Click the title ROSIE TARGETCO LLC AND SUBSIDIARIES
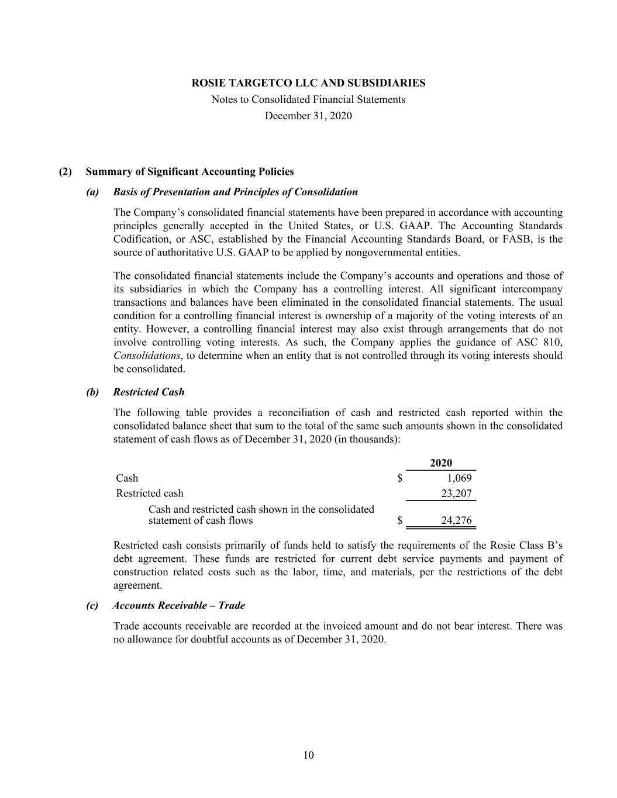[x=308, y=83]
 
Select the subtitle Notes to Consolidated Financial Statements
[x=308, y=99]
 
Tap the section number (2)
[x=66, y=172]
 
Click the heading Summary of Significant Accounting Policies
[x=189, y=172]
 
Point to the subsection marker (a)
[x=92, y=192]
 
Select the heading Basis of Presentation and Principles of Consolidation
[x=235, y=192]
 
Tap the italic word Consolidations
[x=146, y=356]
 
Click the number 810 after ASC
[x=553, y=343]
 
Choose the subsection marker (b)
[x=92, y=392]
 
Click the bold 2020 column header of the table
[x=441, y=463]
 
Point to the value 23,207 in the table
[x=456, y=493]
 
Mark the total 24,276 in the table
[x=456, y=520]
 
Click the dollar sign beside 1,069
[x=399, y=478]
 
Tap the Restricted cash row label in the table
[x=150, y=493]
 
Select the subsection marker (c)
[x=92, y=606]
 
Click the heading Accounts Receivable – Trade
[x=178, y=606]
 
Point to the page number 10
[x=309, y=755]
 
